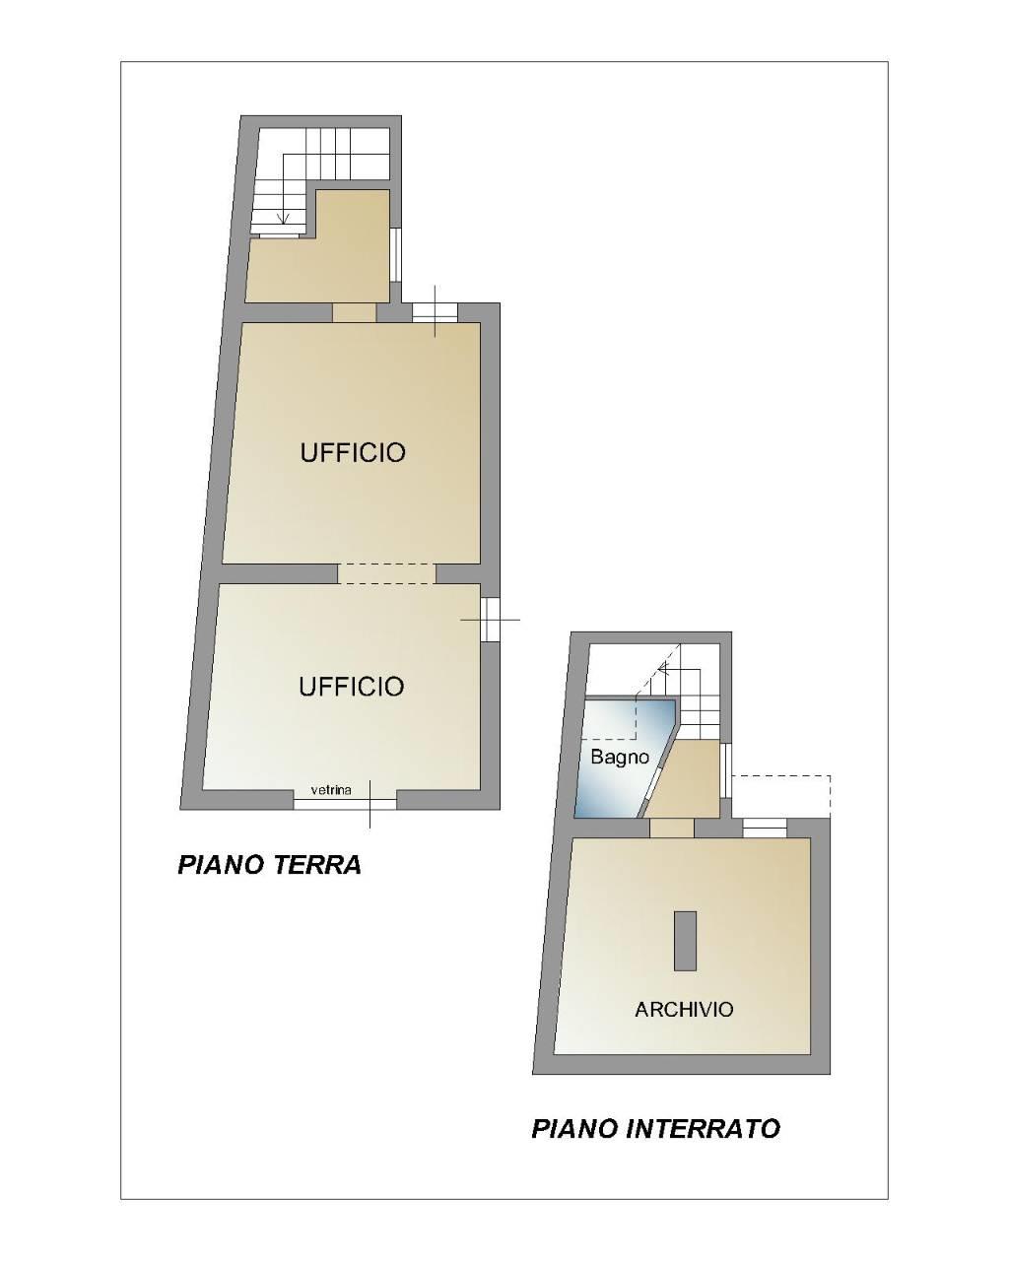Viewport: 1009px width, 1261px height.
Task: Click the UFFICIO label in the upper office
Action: tap(353, 452)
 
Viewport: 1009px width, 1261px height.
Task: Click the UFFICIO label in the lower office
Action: tap(351, 687)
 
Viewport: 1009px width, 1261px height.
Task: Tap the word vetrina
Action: tap(331, 790)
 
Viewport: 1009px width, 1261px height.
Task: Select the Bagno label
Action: tap(620, 757)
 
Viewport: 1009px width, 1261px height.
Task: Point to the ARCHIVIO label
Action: tap(684, 1009)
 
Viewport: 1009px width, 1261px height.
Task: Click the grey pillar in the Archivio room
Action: tap(685, 941)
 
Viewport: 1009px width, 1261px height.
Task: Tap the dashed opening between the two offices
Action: tap(387, 573)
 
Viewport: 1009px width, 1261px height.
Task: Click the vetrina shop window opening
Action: tap(345, 800)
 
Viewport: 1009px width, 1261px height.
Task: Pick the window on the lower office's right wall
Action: tap(490, 620)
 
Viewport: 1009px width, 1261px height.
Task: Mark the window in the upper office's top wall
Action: tap(435, 312)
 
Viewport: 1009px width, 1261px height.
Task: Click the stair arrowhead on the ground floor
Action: tap(284, 218)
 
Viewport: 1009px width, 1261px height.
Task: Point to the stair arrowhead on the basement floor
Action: tap(665, 668)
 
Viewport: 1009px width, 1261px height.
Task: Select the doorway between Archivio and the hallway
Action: tap(672, 829)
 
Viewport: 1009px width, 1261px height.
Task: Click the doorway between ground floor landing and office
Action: tap(355, 312)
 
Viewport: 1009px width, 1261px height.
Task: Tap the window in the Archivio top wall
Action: tap(765, 829)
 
